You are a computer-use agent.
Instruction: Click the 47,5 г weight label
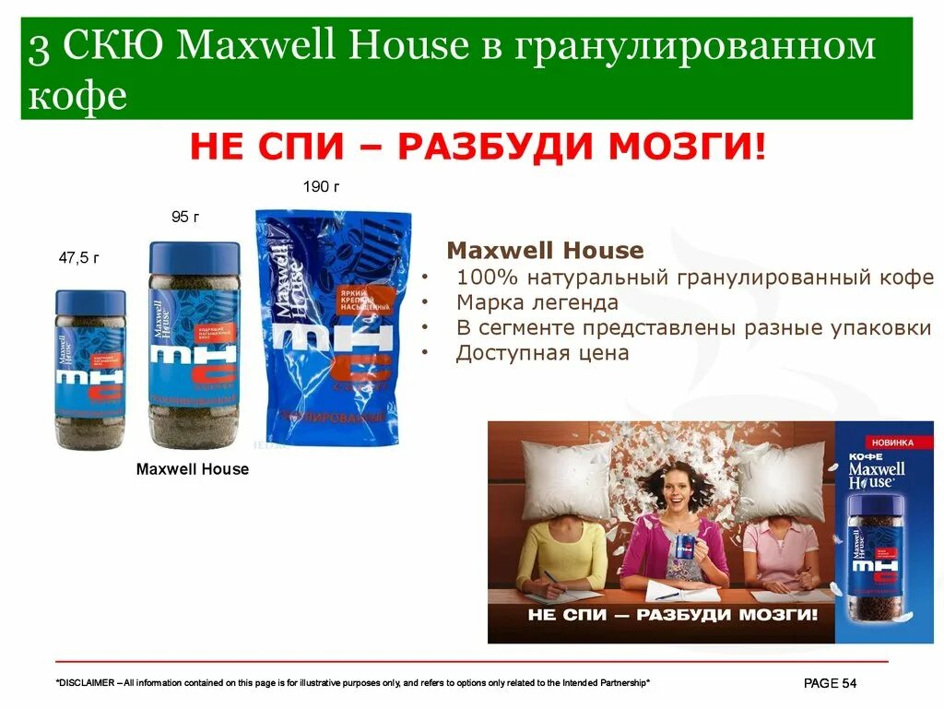[x=78, y=259]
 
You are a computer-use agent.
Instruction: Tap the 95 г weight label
[x=185, y=217]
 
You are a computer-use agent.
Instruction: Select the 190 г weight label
[x=322, y=188]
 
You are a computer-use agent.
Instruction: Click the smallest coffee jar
[x=89, y=370]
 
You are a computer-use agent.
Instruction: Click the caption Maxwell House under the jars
[x=193, y=469]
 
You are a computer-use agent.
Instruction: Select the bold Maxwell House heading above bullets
[x=545, y=251]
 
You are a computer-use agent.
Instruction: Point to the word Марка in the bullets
[x=487, y=302]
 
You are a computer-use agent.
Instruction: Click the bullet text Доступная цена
[x=542, y=353]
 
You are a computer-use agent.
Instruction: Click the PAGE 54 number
[x=831, y=683]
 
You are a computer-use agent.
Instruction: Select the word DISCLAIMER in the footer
[x=88, y=683]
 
